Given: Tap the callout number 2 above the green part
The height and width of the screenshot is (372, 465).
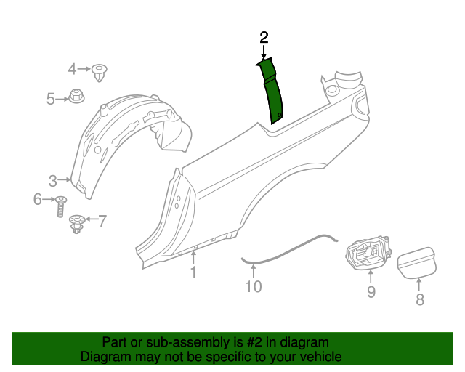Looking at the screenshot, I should tap(264, 37).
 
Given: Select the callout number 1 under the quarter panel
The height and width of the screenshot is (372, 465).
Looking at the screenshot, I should tap(193, 272).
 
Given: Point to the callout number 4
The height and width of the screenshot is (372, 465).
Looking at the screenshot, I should tap(72, 69).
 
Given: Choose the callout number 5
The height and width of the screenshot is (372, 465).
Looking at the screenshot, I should tap(51, 98).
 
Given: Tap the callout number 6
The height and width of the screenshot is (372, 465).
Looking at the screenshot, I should tap(37, 199).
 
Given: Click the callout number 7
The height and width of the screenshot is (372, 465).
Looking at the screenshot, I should tap(102, 220).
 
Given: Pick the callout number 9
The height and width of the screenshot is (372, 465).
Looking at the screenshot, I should tap(371, 292).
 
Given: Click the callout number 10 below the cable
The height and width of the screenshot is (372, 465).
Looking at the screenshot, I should tap(252, 287).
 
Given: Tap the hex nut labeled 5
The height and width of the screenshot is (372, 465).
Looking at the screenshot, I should tap(76, 95).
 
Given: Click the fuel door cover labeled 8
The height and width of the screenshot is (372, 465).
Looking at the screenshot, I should tap(417, 262).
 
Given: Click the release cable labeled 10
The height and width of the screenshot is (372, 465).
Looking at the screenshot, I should tap(291, 250).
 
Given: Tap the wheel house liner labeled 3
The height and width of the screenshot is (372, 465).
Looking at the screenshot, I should tap(124, 142).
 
